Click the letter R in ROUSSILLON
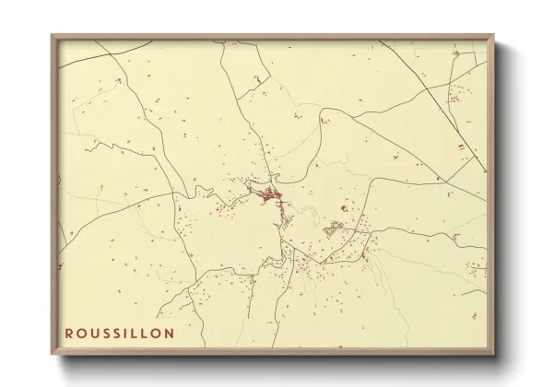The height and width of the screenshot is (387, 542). [x=69, y=333]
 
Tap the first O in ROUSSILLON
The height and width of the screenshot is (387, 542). [x=81, y=333]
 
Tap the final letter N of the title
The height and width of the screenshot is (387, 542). [x=167, y=333]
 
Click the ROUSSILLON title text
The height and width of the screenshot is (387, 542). [x=118, y=333]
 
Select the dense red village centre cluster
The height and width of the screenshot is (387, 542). [x=266, y=194]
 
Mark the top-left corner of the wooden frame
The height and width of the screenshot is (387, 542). [x=53, y=36]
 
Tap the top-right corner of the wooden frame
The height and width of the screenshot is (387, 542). [x=495, y=36]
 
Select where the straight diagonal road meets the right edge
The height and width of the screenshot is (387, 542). [x=486, y=170]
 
